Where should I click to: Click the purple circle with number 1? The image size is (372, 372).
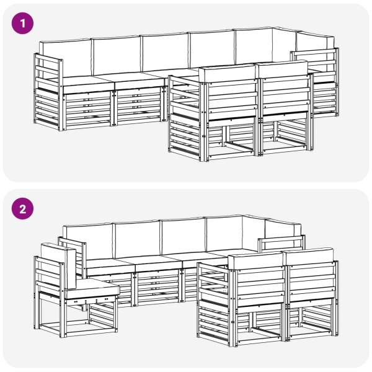tap(22, 24)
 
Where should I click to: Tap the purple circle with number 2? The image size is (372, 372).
tap(22, 208)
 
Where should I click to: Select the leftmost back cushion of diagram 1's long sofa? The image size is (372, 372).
tap(65, 58)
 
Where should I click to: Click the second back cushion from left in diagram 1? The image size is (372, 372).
tap(116, 55)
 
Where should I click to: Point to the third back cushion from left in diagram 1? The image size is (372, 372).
tap(165, 52)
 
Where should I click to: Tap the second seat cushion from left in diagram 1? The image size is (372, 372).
tap(140, 80)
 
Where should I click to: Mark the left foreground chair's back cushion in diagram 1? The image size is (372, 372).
tap(228, 73)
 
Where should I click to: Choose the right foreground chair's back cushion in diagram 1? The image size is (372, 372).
tap(283, 69)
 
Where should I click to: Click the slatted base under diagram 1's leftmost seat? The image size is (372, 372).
tap(88, 110)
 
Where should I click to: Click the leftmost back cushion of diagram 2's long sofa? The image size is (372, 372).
tap(88, 241)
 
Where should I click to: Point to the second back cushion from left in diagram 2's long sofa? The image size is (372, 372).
tap(138, 239)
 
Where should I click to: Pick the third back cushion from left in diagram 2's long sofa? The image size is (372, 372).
tap(183, 237)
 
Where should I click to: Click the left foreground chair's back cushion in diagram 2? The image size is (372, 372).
tap(255, 261)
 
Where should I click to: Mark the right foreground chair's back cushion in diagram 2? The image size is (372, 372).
tap(309, 257)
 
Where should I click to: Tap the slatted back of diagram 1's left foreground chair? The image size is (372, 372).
tap(232, 100)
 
